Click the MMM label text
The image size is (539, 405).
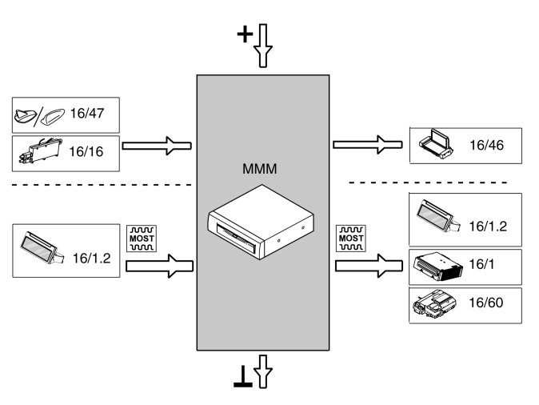click(260, 169)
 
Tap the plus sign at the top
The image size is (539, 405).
click(245, 34)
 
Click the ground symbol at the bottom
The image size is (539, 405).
click(243, 377)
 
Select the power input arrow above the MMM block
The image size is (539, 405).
click(263, 46)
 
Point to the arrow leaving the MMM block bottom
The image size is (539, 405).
click(263, 371)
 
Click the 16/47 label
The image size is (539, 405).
click(87, 113)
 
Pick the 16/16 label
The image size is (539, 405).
click(86, 151)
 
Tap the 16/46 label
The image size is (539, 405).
click(487, 145)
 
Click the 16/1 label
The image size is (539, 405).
click(481, 264)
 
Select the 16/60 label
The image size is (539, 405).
click(486, 303)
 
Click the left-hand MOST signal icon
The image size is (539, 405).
click(142, 239)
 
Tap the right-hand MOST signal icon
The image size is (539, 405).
click(351, 238)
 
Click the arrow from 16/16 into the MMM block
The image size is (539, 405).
click(157, 146)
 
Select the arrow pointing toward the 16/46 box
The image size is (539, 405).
click(368, 145)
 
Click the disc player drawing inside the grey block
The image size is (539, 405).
click(261, 222)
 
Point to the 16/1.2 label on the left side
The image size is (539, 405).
click(92, 259)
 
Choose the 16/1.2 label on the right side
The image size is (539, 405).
click(488, 226)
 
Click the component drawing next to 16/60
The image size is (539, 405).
click(435, 303)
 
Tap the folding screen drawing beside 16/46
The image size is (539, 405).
click(436, 144)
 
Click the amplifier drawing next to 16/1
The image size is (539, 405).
click(437, 266)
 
